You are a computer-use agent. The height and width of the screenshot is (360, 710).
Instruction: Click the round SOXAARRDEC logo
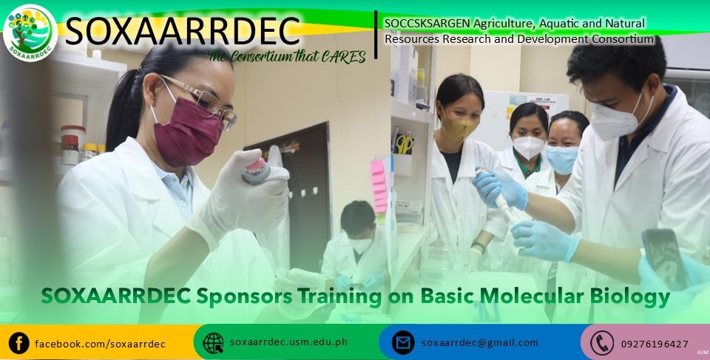click(30, 33)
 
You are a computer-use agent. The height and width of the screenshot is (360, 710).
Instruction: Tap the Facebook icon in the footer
click(19, 343)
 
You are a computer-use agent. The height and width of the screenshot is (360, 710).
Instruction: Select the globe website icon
click(213, 343)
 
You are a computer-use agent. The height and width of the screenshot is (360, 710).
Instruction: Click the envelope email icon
click(403, 343)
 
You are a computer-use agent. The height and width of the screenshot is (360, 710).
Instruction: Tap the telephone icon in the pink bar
click(602, 343)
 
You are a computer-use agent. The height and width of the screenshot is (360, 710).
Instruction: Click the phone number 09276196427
click(655, 344)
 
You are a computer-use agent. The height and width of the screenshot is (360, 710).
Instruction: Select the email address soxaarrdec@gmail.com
click(479, 343)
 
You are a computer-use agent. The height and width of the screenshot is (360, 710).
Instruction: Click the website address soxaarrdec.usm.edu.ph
click(288, 342)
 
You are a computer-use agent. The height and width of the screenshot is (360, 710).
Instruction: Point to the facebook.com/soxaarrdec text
click(100, 344)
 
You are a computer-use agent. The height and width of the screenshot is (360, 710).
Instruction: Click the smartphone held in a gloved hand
click(664, 258)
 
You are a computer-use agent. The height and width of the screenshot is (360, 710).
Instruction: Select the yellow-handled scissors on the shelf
click(404, 144)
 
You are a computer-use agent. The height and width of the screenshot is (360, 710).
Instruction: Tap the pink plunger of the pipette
click(257, 166)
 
